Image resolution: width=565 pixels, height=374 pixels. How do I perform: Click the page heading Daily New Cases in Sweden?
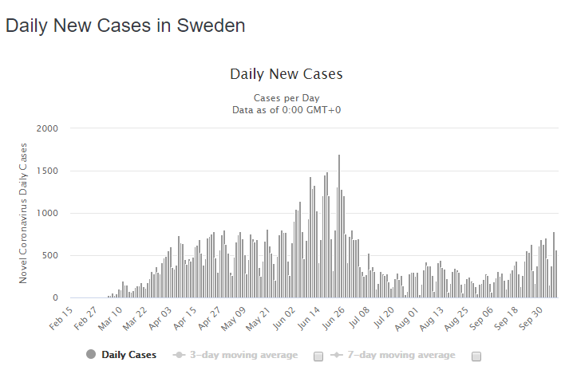tap(125, 26)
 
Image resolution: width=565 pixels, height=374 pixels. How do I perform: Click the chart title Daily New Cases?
tap(286, 74)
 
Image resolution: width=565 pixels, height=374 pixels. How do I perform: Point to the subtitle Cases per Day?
tap(286, 97)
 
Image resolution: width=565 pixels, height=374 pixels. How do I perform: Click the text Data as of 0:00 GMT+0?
tap(286, 109)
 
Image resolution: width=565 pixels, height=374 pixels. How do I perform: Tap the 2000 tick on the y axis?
tap(47, 128)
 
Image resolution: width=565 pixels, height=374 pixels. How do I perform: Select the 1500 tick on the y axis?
tap(47, 171)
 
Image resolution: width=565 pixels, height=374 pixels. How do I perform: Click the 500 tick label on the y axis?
tap(49, 256)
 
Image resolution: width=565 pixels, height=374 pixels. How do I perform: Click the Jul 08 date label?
tap(358, 317)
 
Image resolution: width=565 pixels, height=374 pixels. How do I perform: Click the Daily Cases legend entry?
tap(128, 355)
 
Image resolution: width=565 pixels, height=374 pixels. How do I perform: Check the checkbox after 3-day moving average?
tap(318, 356)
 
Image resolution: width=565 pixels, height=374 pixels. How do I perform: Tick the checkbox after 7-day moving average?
tap(476, 356)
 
